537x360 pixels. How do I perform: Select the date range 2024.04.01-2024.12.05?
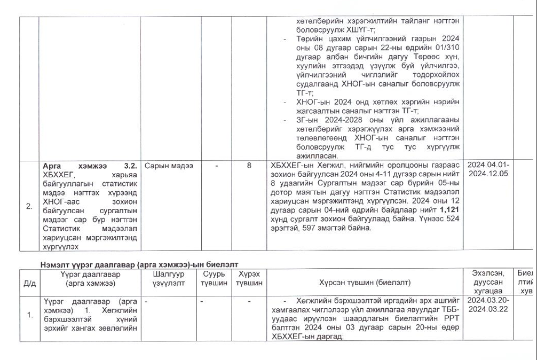click(x=488, y=169)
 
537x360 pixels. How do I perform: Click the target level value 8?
click(x=249, y=166)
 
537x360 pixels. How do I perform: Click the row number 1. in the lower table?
click(x=30, y=315)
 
